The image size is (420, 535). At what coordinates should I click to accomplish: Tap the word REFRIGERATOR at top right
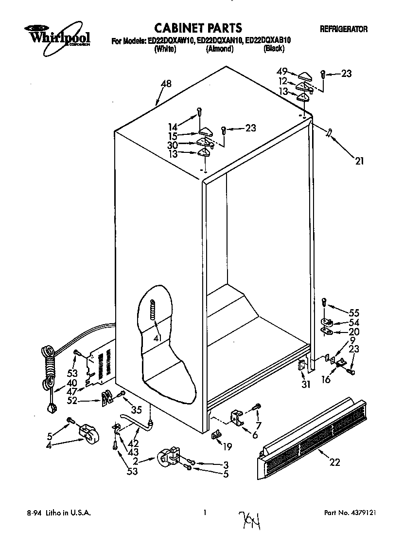pos(343,29)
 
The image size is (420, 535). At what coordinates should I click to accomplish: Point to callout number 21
pos(359,161)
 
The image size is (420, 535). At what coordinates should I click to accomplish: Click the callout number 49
pos(282,71)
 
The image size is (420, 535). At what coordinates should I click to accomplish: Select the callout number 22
pos(335,462)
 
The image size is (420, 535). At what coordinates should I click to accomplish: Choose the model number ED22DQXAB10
pos(268,41)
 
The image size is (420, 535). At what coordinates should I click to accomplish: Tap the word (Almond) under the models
pos(220,49)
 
